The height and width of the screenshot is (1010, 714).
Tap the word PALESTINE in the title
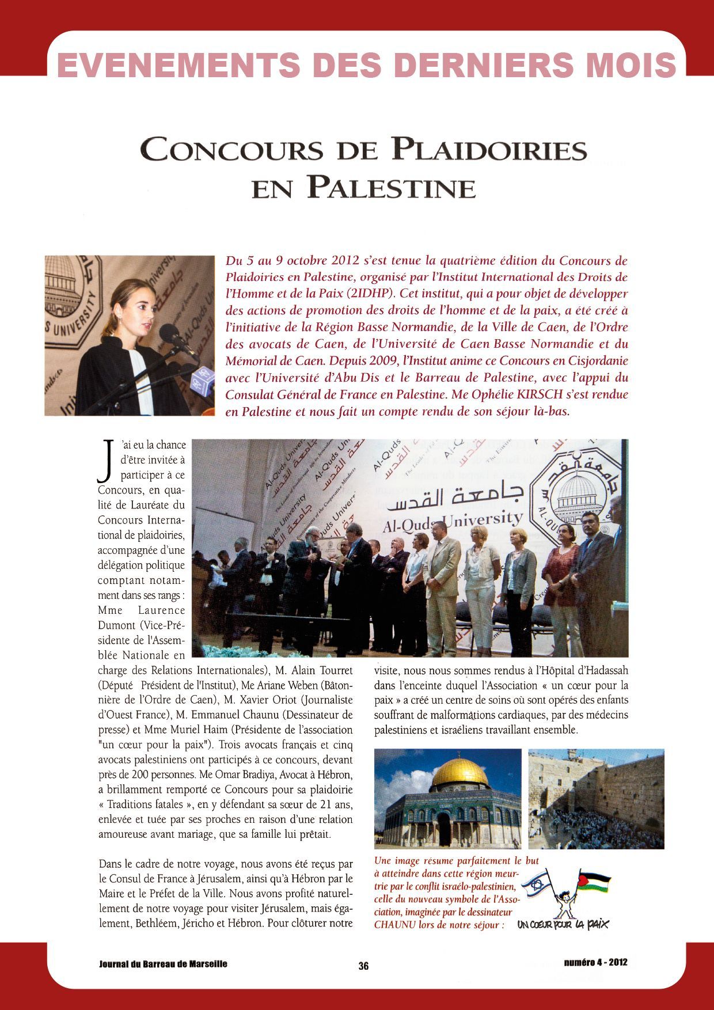(x=391, y=188)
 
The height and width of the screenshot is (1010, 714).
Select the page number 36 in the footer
(x=363, y=966)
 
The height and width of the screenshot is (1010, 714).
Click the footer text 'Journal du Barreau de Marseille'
(x=163, y=963)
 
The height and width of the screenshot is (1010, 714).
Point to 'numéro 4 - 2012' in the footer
(x=595, y=962)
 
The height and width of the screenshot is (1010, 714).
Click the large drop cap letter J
(x=105, y=461)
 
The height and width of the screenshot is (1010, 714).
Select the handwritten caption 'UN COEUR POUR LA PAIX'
(x=563, y=924)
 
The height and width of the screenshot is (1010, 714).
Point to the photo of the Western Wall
(x=596, y=799)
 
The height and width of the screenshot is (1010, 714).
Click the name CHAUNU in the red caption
(x=394, y=925)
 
